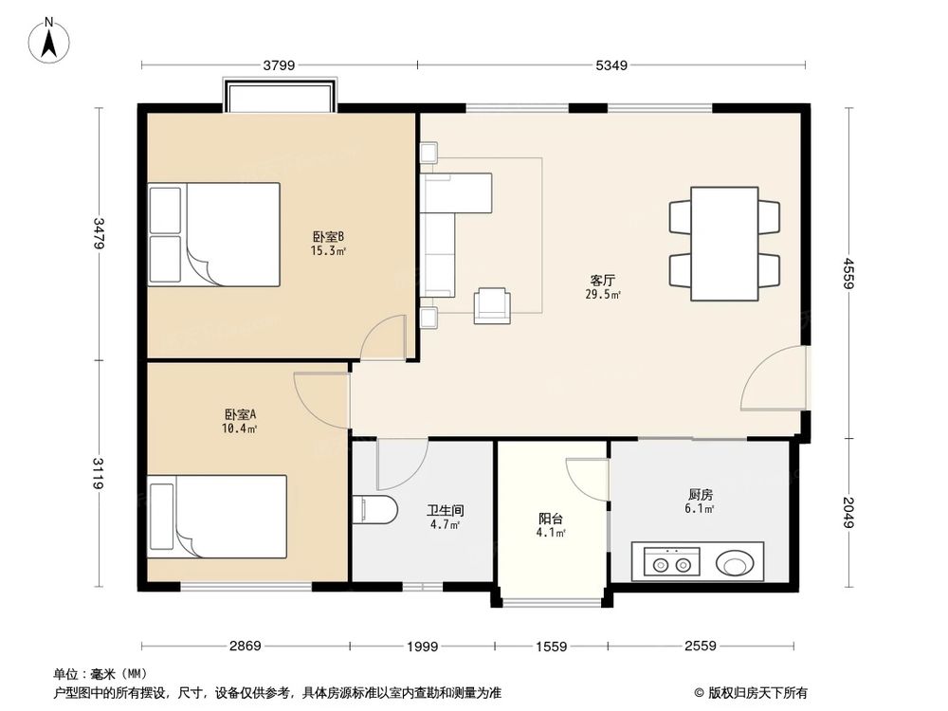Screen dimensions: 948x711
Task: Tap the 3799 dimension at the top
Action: pos(279,64)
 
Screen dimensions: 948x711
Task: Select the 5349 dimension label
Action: pos(611,64)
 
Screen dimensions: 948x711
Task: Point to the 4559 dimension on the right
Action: pos(848,273)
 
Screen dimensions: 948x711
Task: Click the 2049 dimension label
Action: pos(848,512)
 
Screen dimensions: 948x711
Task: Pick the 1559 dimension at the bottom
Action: pos(552,647)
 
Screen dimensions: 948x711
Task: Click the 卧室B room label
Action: pos(328,236)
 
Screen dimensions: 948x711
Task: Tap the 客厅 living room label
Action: pos(603,281)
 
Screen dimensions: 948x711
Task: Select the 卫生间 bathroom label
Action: pos(445,511)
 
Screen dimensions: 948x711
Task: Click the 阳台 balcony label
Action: pos(551,519)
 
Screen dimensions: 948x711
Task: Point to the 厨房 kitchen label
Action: pos(700,495)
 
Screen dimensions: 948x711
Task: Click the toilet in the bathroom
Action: pos(374,510)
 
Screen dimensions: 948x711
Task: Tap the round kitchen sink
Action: pos(736,563)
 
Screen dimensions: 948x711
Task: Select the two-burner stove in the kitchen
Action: pos(672,561)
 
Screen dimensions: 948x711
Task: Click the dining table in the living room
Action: pos(724,244)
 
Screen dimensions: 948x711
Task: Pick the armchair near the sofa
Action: pos(492,305)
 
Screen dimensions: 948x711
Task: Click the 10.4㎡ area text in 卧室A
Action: pos(240,428)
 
